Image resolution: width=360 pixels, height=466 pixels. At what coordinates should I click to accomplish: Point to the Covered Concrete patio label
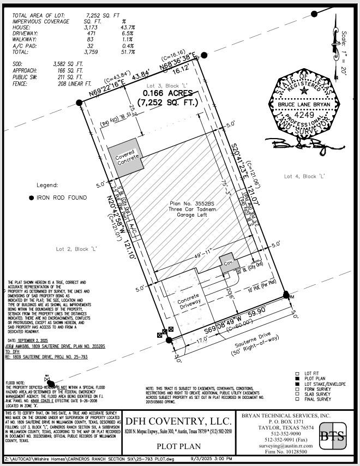click(x=128, y=157)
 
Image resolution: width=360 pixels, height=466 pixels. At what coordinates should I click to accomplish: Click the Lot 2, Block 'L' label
click(x=77, y=248)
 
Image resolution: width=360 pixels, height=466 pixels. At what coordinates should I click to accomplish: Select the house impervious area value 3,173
click(x=90, y=27)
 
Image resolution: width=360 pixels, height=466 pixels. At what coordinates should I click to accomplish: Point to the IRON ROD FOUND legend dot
click(x=31, y=197)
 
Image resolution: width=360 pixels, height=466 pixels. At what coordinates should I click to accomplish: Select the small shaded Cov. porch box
click(x=228, y=264)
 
